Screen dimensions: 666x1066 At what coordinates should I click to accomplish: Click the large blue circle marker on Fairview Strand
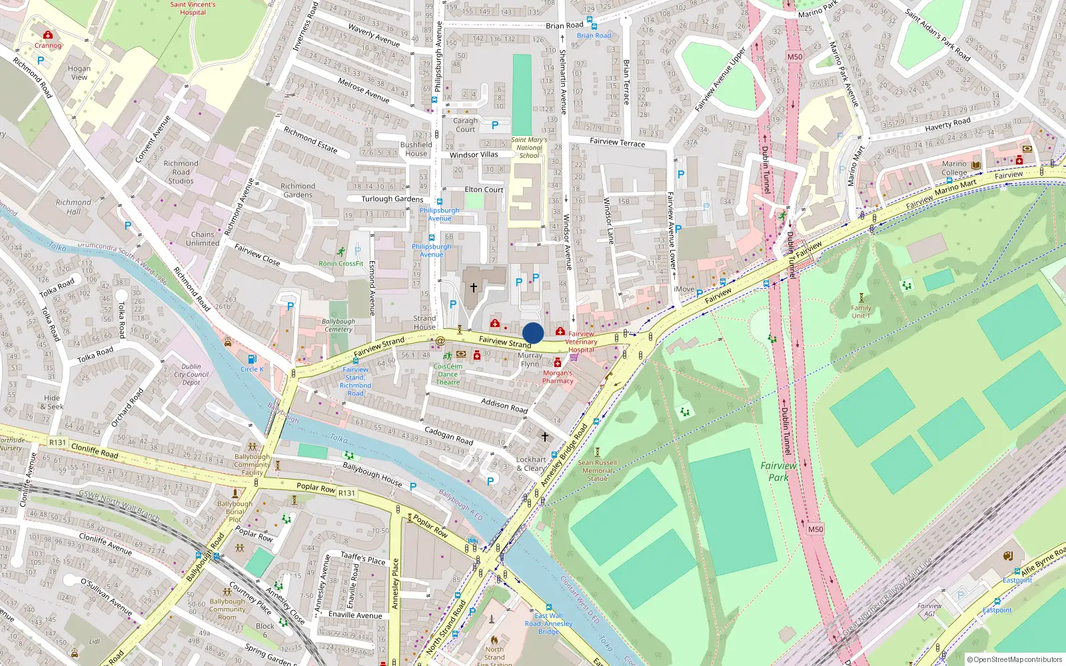[533, 333]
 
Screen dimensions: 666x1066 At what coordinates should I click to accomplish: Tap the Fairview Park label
[778, 472]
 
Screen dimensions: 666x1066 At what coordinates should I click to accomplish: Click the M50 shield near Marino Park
[795, 57]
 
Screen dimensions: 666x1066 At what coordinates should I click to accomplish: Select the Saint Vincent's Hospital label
[193, 8]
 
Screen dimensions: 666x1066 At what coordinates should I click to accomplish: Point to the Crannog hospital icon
[47, 35]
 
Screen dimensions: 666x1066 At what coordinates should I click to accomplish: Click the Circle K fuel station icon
[252, 360]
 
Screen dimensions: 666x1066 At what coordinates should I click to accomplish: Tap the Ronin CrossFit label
[340, 263]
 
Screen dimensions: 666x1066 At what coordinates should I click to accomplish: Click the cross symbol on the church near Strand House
[474, 288]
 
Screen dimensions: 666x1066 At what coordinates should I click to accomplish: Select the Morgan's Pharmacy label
[558, 377]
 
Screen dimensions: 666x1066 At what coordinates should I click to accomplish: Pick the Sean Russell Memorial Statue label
[597, 470]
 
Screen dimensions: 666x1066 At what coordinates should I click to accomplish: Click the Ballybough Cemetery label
[338, 325]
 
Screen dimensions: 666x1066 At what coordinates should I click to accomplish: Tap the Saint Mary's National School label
[529, 147]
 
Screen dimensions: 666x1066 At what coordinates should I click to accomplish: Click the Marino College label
[954, 168]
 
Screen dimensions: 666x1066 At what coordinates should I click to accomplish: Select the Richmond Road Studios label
[181, 172]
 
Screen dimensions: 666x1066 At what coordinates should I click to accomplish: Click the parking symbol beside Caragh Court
[495, 125]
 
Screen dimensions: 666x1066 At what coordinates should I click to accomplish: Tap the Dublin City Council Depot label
[191, 374]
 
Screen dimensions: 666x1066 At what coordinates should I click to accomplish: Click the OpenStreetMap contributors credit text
[1014, 659]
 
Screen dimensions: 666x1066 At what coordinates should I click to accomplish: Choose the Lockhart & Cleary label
[531, 464]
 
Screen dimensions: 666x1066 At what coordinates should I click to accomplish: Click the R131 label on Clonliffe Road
[58, 442]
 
